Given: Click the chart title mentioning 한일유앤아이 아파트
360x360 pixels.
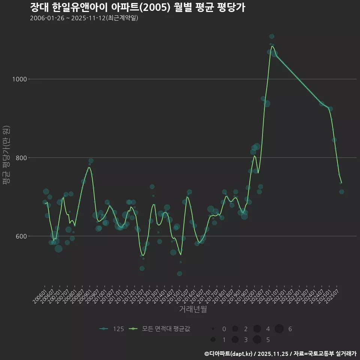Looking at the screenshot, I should point(137,7).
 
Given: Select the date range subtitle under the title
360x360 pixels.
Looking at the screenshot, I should point(84,18).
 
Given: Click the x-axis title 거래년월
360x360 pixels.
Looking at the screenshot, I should point(193,309).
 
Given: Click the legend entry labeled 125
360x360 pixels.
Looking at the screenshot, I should point(112,329).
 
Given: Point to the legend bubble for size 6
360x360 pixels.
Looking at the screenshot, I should point(279,329).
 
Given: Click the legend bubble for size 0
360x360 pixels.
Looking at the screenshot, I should point(213,329).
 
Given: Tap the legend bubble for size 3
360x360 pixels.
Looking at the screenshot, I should point(235,340).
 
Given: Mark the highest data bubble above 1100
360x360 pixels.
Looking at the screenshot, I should point(272,36).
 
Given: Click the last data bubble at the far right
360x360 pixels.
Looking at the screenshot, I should point(342,192).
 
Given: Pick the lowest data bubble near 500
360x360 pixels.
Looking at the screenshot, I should point(179,274).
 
